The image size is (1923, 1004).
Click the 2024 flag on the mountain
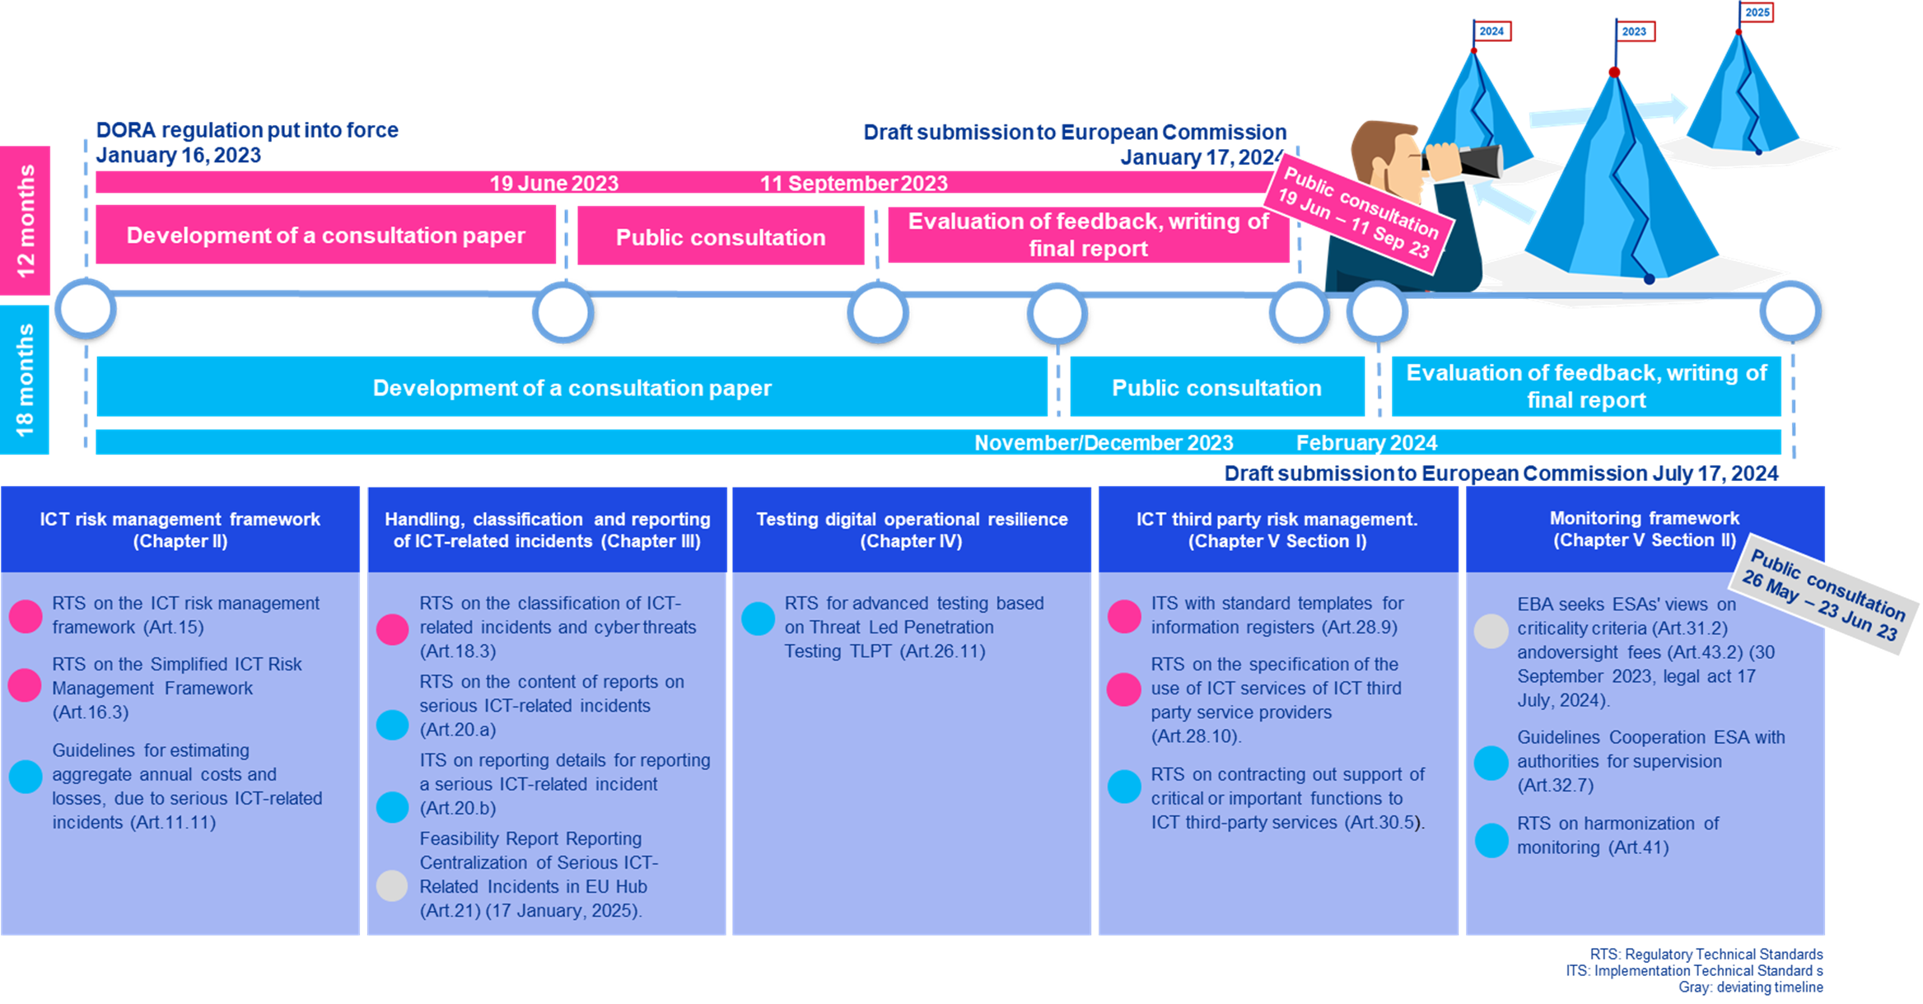coord(1491,31)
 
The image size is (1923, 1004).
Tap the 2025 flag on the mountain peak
coord(1757,12)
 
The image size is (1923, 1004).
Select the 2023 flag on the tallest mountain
coord(1634,31)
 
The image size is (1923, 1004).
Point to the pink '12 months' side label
coord(25,220)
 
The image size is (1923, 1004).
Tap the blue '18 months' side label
coord(25,380)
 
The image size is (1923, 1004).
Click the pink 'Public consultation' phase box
coord(721,236)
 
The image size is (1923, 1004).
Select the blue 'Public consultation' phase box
coord(1216,387)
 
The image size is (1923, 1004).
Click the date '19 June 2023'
coord(553,183)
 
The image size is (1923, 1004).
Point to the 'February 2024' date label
coord(1366,443)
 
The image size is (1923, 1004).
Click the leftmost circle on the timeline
coord(86,310)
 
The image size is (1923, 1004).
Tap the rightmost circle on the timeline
coord(1790,311)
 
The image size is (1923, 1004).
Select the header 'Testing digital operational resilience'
coord(911,530)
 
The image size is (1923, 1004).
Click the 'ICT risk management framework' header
coord(180,530)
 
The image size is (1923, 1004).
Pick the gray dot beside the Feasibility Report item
coord(392,885)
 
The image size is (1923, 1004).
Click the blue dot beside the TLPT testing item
coord(758,619)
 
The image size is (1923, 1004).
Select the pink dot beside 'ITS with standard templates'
coord(1124,616)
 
